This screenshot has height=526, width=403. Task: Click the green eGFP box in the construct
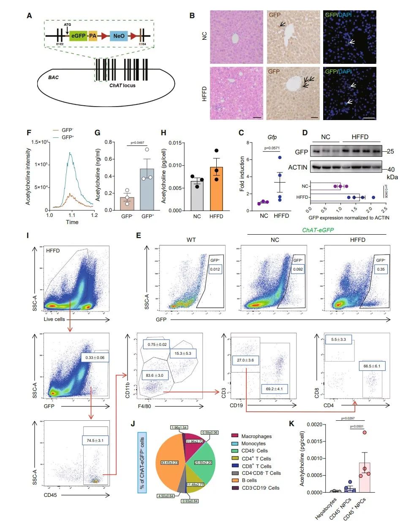tap(79, 36)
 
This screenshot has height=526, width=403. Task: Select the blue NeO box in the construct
tap(119, 36)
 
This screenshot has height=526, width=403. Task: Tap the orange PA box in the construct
tap(93, 36)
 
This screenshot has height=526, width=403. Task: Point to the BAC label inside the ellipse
tap(53, 77)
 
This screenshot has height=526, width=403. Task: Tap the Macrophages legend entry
tap(256, 436)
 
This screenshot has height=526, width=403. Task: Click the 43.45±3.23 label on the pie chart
tap(169, 463)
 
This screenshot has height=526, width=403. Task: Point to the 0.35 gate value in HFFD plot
tap(381, 269)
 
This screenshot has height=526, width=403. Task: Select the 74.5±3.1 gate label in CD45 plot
tap(95, 441)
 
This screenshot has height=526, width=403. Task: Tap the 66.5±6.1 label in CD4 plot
tap(372, 366)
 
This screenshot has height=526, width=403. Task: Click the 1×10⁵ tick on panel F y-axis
tap(41, 164)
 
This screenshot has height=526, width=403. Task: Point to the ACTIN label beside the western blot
tap(297, 167)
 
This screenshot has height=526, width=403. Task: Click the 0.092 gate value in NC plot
tap(298, 269)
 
